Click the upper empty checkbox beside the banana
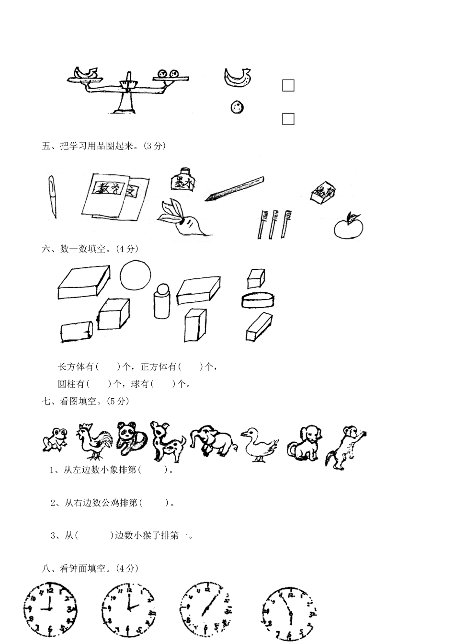(x=288, y=85)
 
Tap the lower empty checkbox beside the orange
(x=288, y=119)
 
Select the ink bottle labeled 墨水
(x=181, y=180)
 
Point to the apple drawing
(x=349, y=227)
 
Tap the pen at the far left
(x=52, y=197)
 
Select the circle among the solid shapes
(x=136, y=275)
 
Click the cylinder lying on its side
(x=77, y=332)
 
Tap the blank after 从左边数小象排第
(x=153, y=470)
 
